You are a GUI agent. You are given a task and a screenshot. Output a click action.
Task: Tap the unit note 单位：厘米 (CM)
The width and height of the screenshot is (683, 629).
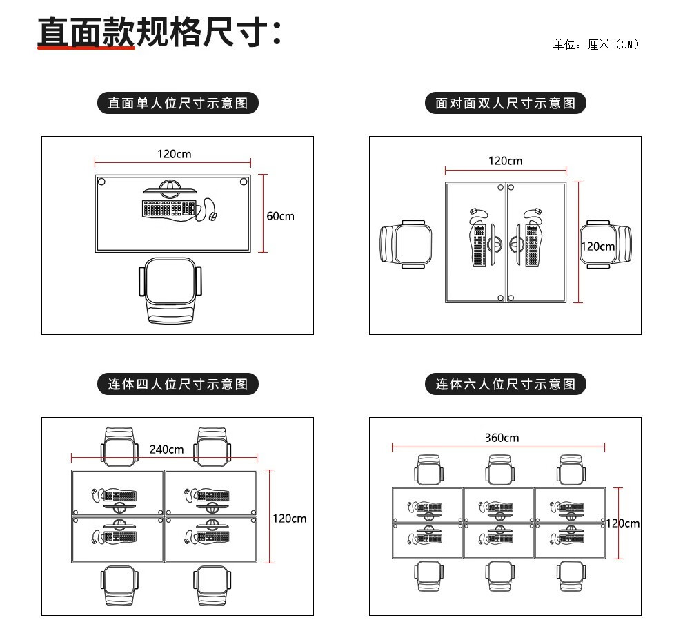point(596,44)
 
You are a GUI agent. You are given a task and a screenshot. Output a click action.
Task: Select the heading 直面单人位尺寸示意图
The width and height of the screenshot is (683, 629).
point(178,104)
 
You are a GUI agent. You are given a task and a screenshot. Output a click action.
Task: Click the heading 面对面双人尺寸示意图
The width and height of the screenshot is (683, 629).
point(505,104)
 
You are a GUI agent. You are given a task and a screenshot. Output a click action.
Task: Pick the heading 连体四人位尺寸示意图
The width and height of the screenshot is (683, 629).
point(178,384)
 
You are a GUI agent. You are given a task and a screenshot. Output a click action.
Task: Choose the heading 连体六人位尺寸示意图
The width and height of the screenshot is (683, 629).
point(505,384)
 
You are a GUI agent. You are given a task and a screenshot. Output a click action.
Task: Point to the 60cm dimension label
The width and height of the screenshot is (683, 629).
point(280,216)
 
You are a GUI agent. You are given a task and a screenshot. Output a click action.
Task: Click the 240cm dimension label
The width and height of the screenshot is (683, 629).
point(166,449)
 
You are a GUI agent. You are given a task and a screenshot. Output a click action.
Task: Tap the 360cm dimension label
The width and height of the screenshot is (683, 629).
point(502,438)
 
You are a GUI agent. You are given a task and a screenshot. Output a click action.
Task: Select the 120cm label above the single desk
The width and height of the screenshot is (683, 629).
point(175,154)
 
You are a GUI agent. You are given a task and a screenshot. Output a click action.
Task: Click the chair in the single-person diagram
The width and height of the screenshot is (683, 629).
point(170,290)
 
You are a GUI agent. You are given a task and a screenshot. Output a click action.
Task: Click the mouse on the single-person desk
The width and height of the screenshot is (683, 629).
point(213,216)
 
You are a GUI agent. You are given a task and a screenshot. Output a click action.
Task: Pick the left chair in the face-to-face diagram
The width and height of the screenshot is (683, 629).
point(406,244)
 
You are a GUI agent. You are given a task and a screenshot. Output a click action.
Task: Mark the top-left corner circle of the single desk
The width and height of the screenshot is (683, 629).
point(101,182)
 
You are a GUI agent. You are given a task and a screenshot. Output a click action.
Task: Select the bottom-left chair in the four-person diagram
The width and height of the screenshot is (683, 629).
point(119,586)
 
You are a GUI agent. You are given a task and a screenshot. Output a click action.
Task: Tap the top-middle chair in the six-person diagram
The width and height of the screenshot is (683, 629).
point(500,470)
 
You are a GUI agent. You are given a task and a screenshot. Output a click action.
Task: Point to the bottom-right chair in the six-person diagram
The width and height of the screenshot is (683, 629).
point(571,576)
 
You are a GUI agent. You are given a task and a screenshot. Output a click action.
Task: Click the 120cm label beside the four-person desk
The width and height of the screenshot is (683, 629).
point(290,519)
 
